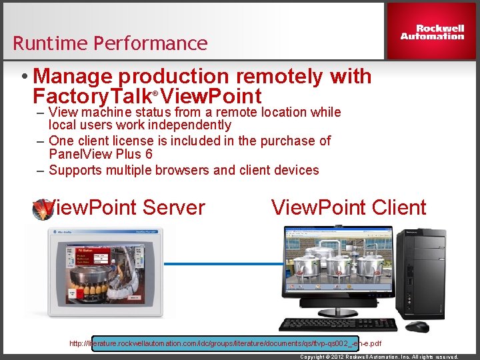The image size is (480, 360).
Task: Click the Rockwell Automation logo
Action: (x=432, y=32)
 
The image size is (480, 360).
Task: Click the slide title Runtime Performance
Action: (x=110, y=44)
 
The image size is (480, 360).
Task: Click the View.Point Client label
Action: (x=348, y=207)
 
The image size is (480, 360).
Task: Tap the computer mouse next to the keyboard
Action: (x=417, y=327)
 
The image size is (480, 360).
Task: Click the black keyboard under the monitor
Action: (x=337, y=325)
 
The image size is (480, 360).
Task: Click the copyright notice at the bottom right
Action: (x=379, y=357)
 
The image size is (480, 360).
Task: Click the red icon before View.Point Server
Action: (x=43, y=209)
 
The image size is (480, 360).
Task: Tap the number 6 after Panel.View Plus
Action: (x=149, y=154)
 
